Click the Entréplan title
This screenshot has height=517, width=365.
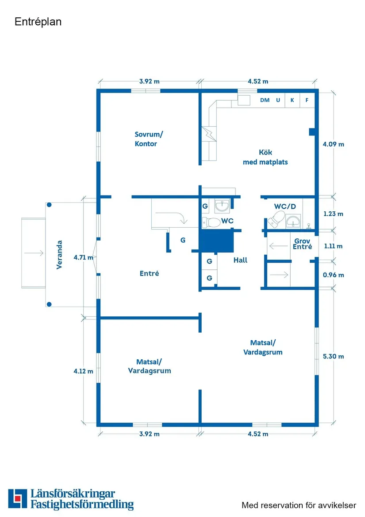click(38, 22)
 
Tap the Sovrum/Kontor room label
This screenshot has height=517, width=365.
click(146, 139)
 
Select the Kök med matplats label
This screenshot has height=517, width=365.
click(265, 157)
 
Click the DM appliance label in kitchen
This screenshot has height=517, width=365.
click(265, 100)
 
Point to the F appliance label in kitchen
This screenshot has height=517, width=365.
click(307, 100)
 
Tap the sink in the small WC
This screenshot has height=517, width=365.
click(222, 205)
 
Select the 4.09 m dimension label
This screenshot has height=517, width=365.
click(333, 144)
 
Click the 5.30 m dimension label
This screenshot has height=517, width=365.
click(333, 356)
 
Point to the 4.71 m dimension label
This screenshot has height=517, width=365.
click(83, 257)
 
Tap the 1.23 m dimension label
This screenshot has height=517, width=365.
click(333, 214)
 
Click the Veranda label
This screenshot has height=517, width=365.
click(59, 255)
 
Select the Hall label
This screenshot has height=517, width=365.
click(240, 260)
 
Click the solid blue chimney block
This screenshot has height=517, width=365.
click(216, 242)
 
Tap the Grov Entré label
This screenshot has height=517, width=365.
click(303, 244)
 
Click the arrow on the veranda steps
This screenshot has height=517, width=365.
click(34, 253)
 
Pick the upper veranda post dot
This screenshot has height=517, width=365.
click(49, 205)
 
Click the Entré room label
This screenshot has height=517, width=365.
click(149, 273)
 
